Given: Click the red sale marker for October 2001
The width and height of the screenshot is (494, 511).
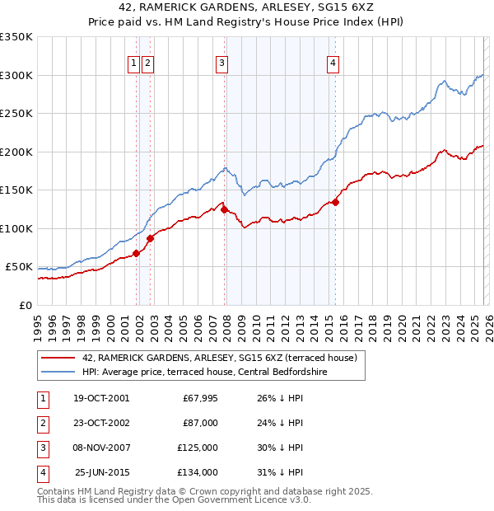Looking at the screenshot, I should [136, 253].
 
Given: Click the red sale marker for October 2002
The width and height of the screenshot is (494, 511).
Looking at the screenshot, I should [150, 239].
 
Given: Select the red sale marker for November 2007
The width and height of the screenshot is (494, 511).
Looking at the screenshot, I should [224, 210].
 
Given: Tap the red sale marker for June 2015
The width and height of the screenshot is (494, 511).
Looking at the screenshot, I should [335, 202].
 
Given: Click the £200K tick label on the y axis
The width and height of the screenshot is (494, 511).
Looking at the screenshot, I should [16, 152].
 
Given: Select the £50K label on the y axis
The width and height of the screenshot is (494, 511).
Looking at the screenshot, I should [19, 267].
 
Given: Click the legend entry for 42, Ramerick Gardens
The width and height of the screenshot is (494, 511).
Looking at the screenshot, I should [219, 358].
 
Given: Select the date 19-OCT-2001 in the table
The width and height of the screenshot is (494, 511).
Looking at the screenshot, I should [100, 397].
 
